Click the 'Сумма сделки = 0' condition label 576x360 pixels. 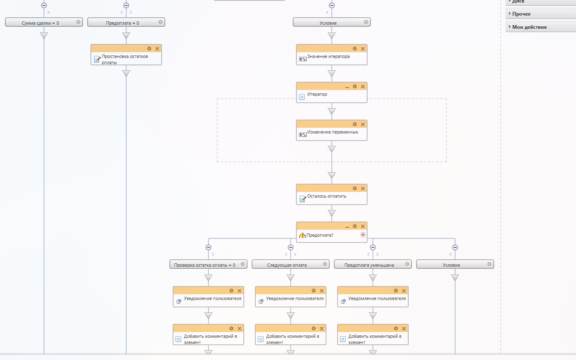click(x=40, y=23)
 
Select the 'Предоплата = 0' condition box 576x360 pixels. click(x=123, y=23)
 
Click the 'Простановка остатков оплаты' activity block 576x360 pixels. click(x=125, y=59)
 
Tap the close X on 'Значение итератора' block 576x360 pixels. click(x=363, y=49)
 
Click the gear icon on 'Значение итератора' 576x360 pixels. click(x=355, y=48)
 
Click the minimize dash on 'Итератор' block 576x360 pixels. click(x=347, y=87)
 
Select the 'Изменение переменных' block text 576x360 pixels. click(x=333, y=132)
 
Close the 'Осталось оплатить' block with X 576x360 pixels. click(x=363, y=189)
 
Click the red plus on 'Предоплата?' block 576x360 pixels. click(x=363, y=235)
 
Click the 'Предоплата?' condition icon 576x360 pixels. click(x=302, y=235)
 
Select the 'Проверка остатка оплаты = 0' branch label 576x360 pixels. click(x=205, y=265)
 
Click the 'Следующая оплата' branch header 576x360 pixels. click(x=287, y=265)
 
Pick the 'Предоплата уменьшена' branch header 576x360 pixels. click(x=369, y=265)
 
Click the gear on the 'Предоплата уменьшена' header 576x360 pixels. click(x=407, y=264)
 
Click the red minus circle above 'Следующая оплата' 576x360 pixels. click(x=291, y=247)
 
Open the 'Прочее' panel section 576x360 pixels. click(x=521, y=14)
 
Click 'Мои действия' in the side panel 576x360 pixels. click(x=529, y=27)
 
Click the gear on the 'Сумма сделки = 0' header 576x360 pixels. click(x=78, y=22)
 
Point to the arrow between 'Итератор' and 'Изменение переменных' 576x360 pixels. click(x=332, y=111)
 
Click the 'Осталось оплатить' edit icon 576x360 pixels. click(x=303, y=199)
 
